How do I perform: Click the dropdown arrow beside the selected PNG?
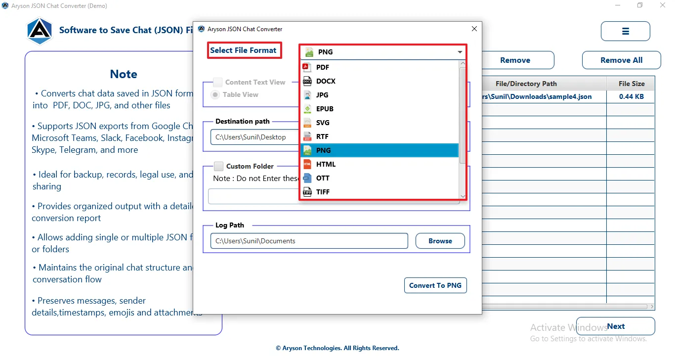pyautogui.click(x=460, y=52)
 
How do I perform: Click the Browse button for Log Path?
pyautogui.click(x=440, y=241)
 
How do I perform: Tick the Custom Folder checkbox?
pyautogui.click(x=218, y=166)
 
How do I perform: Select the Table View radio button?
pyautogui.click(x=215, y=94)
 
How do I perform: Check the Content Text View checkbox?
pyautogui.click(x=217, y=82)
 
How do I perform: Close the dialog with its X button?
pyautogui.click(x=474, y=29)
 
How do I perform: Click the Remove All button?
pyautogui.click(x=621, y=60)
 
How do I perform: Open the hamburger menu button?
pyautogui.click(x=625, y=31)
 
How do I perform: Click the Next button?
pyautogui.click(x=616, y=326)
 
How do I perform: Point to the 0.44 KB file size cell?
pyautogui.click(x=632, y=96)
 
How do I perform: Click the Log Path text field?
pyautogui.click(x=309, y=241)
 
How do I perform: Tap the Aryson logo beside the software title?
pyautogui.click(x=40, y=31)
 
